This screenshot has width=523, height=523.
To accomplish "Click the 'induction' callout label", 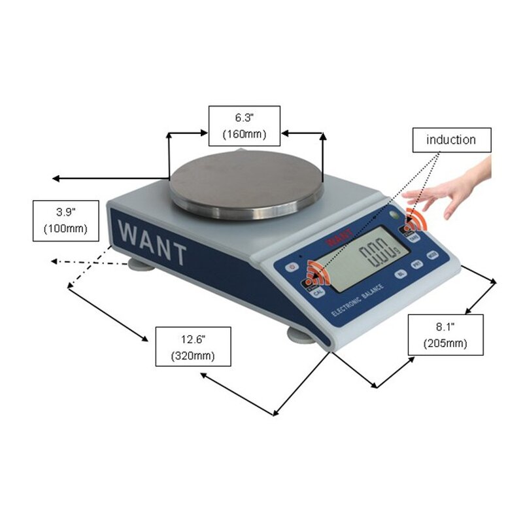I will pyautogui.click(x=451, y=140).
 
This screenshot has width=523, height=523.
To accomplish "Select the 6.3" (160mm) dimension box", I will pyautogui.click(x=245, y=126).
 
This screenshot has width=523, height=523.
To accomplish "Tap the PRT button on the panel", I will pyautogui.click(x=416, y=264).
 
